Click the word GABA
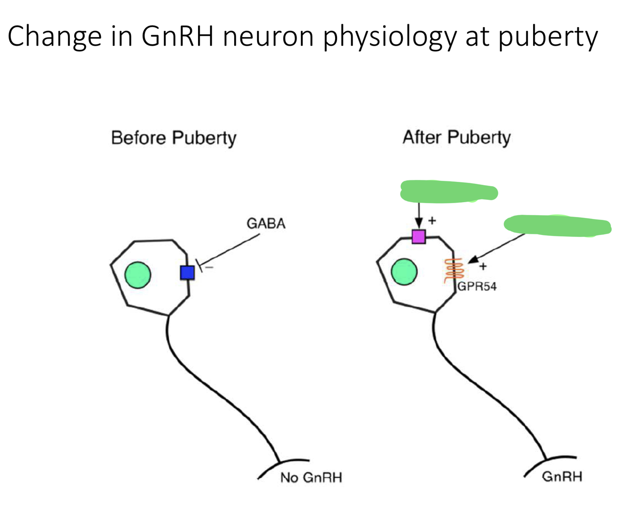266,224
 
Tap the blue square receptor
188,273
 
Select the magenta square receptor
418,236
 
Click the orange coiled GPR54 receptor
454,270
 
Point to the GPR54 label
477,286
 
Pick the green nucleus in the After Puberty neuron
404,272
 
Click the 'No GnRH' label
311,477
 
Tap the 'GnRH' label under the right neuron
562,476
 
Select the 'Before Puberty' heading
173,138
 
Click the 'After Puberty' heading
456,138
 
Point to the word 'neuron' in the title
268,37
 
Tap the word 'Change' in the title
55,37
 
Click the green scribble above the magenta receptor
449,192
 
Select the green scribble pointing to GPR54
557,226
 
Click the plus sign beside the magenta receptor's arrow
432,220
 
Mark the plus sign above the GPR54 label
483,266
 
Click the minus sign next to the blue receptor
209,268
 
